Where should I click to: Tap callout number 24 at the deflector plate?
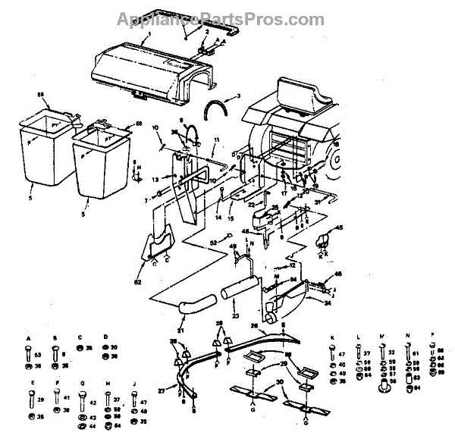pyautogui.click(x=327, y=302)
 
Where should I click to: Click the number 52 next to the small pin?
pyautogui.click(x=215, y=243)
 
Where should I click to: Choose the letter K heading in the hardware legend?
pyautogui.click(x=331, y=337)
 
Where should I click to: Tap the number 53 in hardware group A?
pyautogui.click(x=38, y=354)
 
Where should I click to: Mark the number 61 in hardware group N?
pyautogui.click(x=416, y=353)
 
